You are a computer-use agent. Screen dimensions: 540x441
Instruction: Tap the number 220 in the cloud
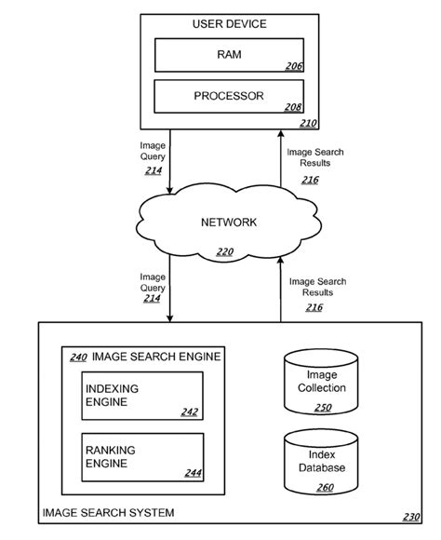pyautogui.click(x=224, y=250)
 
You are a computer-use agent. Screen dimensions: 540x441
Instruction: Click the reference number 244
pyautogui.click(x=193, y=473)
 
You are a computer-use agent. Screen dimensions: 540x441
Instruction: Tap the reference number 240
pyautogui.click(x=79, y=356)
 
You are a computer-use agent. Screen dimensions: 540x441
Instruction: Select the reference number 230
pyautogui.click(x=410, y=518)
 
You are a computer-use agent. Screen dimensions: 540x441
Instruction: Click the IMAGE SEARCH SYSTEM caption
pyautogui.click(x=108, y=513)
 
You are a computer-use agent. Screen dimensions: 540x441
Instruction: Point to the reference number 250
pyautogui.click(x=322, y=406)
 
